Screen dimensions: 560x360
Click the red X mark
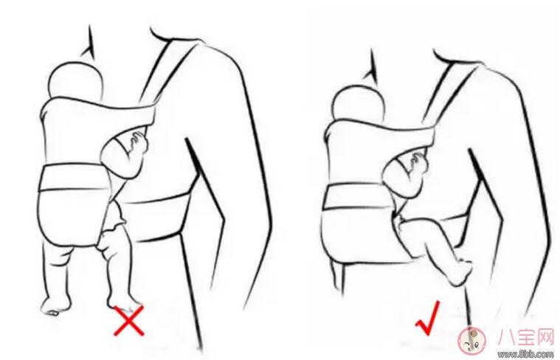point(129,321)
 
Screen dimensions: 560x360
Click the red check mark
point(428,319)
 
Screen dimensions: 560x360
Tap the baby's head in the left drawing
point(75,80)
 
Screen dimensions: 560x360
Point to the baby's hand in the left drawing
point(139,143)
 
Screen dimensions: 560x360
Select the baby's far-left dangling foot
point(54,306)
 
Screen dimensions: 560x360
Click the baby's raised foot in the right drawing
point(460,272)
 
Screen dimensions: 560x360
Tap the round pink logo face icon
point(471,340)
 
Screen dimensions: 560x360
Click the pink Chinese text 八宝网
point(526,337)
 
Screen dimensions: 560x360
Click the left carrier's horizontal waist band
point(74,176)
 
